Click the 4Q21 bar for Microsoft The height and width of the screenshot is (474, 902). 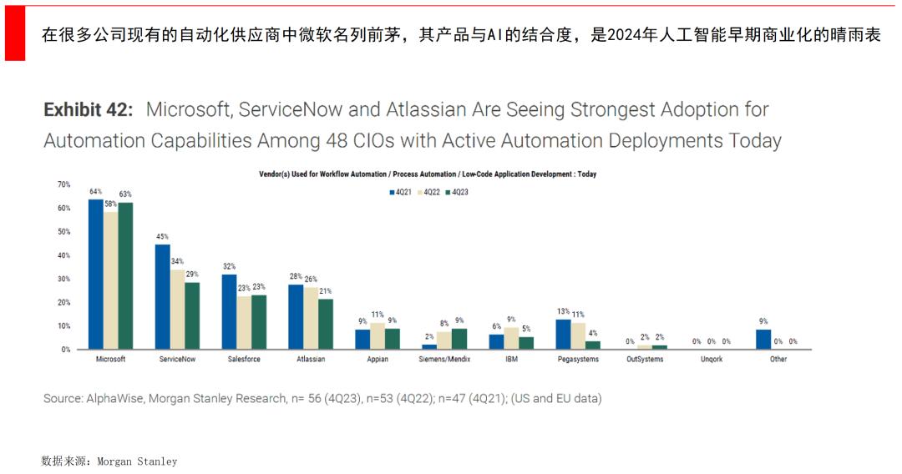point(95,275)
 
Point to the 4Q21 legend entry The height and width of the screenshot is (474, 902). point(399,192)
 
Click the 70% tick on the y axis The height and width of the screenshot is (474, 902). point(64,184)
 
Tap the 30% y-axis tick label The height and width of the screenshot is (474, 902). point(64,279)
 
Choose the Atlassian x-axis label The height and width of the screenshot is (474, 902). point(310,359)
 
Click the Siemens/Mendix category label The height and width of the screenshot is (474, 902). point(443,359)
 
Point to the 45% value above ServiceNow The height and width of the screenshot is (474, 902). point(162,236)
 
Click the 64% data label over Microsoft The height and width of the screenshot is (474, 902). point(95,191)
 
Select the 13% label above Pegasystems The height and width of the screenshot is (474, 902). point(563,311)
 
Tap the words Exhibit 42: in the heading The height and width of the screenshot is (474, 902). point(88,109)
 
